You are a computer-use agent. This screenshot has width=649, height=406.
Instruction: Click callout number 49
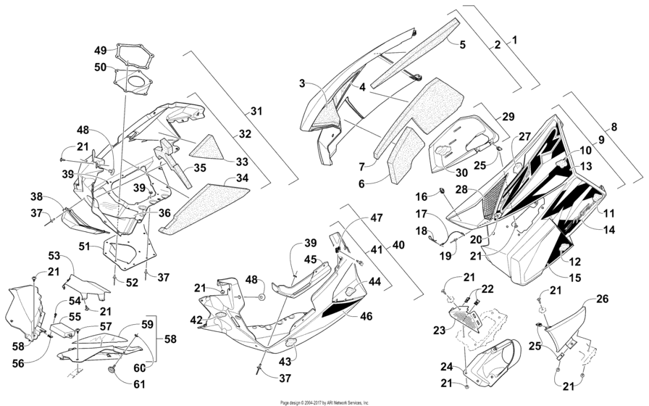click(100, 50)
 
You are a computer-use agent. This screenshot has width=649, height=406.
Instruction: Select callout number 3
click(303, 84)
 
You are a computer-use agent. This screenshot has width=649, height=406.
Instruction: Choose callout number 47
click(376, 217)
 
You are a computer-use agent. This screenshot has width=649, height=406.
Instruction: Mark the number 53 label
click(54, 256)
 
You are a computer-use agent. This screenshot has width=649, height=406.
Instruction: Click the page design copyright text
click(324, 402)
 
